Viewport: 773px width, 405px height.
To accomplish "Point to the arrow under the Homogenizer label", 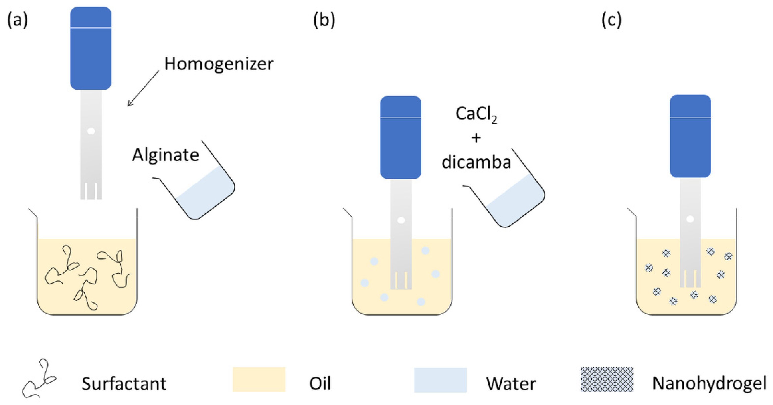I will click(143, 89).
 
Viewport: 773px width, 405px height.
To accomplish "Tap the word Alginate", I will click(165, 155).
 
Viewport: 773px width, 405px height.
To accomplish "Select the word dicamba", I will click(476, 162).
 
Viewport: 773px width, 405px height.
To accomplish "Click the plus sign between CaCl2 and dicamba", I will click(476, 138).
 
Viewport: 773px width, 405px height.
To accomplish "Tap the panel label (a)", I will click(17, 20).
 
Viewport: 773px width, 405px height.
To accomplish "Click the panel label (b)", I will click(324, 20).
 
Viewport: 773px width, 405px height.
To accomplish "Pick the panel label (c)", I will click(612, 20).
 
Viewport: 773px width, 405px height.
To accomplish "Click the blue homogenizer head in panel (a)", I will click(91, 48).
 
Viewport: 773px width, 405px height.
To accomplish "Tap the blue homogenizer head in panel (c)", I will click(690, 136).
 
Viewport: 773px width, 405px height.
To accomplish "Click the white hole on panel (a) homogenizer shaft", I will click(91, 131).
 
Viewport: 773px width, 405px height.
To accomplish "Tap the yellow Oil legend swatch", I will click(259, 379).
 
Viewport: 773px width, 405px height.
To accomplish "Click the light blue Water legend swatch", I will click(440, 380).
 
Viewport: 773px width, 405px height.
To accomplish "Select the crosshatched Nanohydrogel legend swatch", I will click(607, 379).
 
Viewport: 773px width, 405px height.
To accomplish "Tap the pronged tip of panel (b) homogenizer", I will click(401, 280).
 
